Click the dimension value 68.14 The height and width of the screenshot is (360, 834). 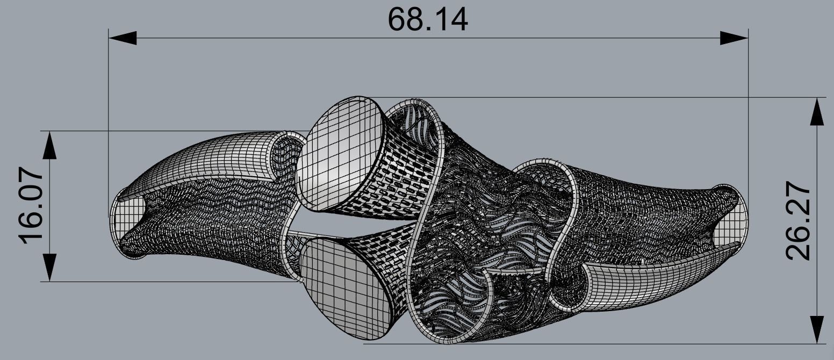click(x=428, y=19)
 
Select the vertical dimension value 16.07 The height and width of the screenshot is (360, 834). click(x=32, y=206)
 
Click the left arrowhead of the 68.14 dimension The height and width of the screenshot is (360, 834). click(x=123, y=38)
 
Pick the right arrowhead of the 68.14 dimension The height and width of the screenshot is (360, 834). click(x=734, y=38)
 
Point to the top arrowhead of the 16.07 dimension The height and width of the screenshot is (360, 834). click(x=49, y=145)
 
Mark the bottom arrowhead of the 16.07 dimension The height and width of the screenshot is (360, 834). click(x=49, y=267)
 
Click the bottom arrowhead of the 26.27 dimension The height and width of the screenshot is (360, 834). click(x=816, y=329)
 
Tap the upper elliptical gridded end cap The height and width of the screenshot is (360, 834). click(x=339, y=153)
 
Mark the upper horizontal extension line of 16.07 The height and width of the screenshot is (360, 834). click(x=161, y=131)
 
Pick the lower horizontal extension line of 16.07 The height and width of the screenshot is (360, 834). click(x=161, y=282)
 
